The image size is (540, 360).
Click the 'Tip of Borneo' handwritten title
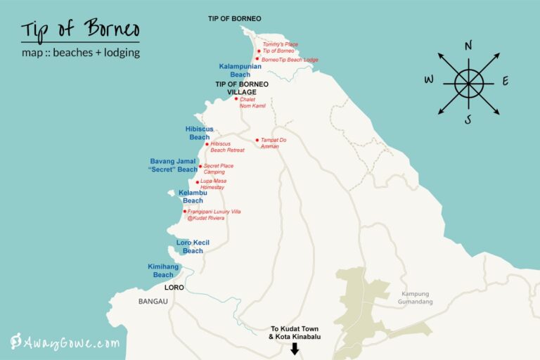tap(79, 30)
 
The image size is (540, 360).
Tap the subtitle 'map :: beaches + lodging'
tap(80, 53)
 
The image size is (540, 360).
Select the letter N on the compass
tap(468, 46)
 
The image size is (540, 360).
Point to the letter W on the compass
tap(429, 79)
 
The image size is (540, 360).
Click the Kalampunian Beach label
tap(240, 70)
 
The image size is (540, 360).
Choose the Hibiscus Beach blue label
tap(199, 134)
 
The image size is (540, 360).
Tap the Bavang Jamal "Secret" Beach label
tap(174, 165)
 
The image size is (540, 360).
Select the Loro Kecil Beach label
tap(193, 247)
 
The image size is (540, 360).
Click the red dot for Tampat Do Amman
tap(257, 140)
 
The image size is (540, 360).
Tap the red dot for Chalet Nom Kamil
tap(237, 98)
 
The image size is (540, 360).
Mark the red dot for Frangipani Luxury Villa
tap(184, 211)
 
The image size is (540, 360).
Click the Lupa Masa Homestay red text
tap(213, 184)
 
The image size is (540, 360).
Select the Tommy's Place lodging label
tap(280, 44)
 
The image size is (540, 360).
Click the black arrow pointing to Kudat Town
tap(294, 345)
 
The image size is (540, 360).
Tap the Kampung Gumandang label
tap(416, 298)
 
